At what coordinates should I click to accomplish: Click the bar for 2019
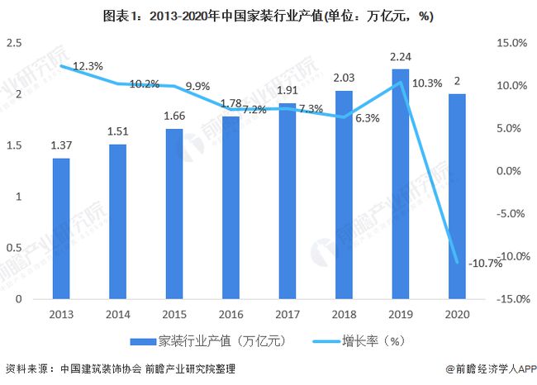tap(400, 183)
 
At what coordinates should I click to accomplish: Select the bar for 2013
tap(62, 228)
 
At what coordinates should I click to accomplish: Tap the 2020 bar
tap(456, 196)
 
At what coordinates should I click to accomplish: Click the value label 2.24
tap(400, 58)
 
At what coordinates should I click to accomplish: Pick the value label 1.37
tap(62, 145)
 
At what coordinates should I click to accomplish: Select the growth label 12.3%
tap(88, 65)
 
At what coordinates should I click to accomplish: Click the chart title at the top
tap(268, 15)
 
